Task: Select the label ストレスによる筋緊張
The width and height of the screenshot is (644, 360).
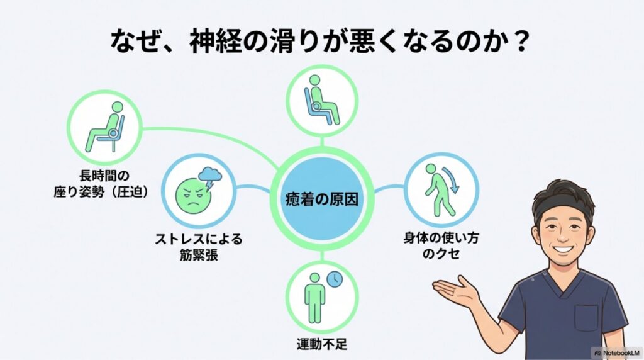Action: coord(198,247)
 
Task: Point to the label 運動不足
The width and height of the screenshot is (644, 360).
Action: coord(321,344)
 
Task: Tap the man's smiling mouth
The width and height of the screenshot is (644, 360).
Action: coord(562,249)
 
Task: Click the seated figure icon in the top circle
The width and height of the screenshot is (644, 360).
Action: coord(321,100)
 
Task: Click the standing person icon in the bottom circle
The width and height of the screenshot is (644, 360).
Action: coord(314,293)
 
